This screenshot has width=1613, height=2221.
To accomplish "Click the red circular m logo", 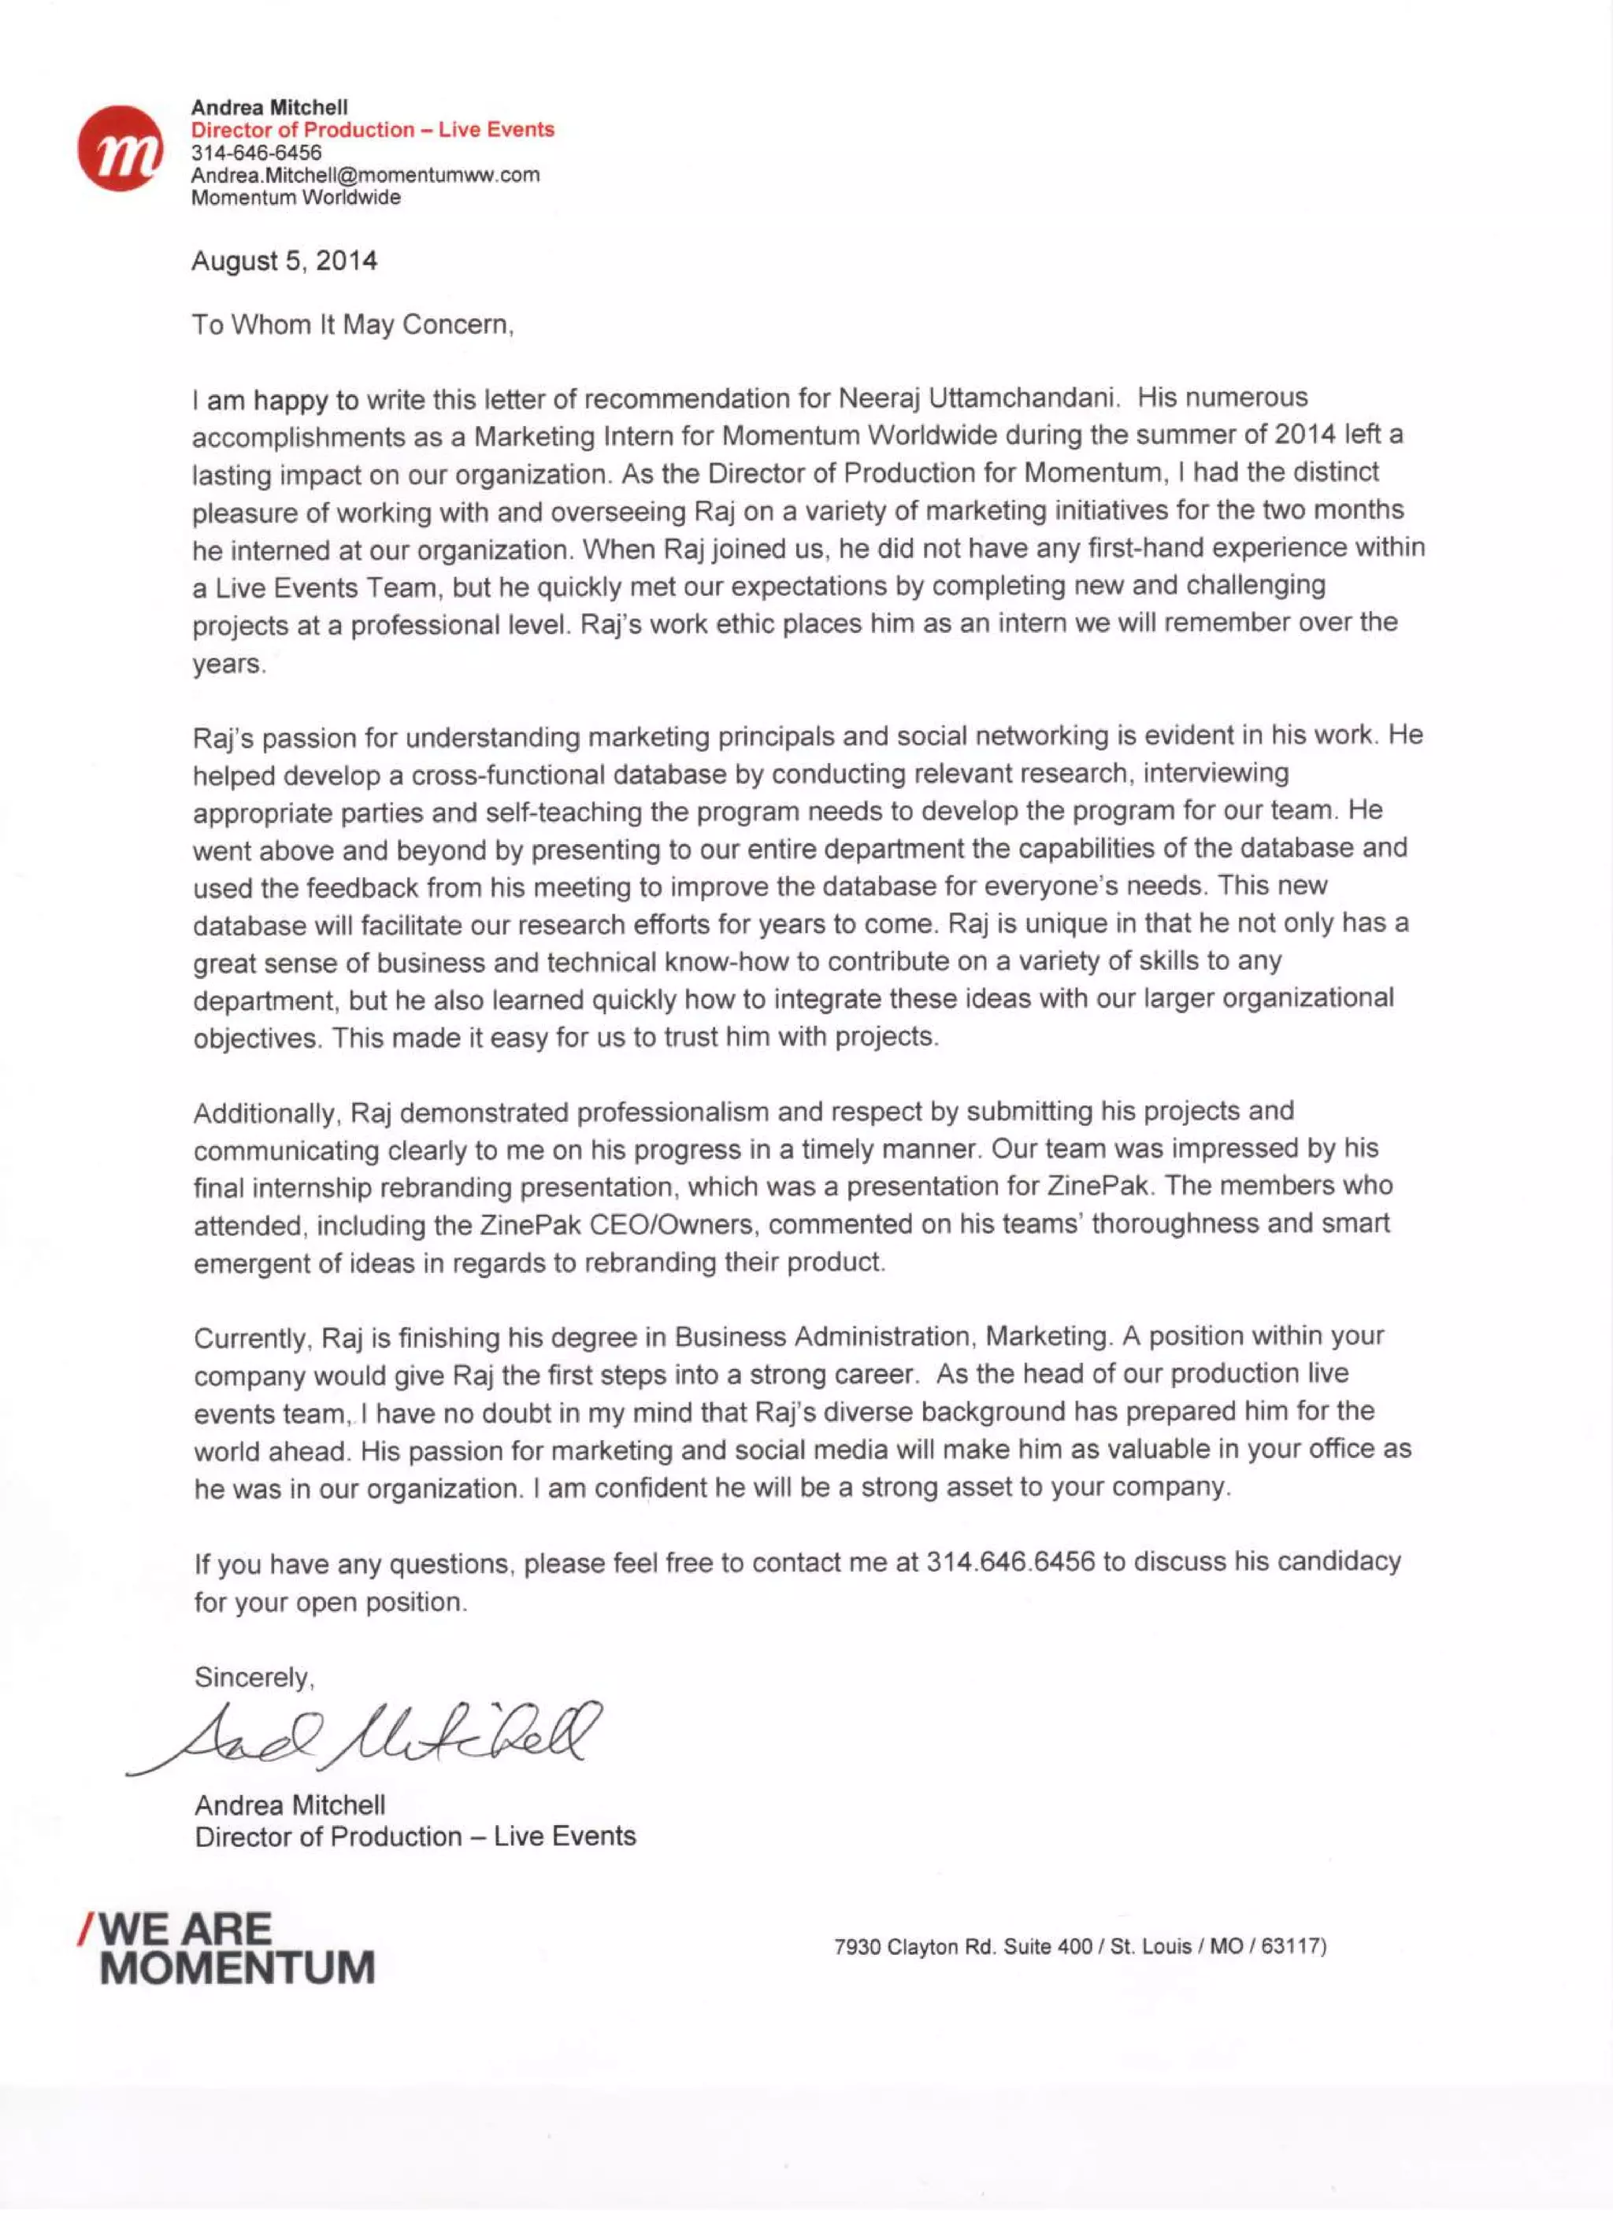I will [x=120, y=149].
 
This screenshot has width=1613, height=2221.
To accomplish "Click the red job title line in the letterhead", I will [x=373, y=129].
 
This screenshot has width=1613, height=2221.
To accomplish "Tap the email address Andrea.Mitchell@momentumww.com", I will [x=365, y=176].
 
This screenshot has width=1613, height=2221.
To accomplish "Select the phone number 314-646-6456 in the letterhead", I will [x=256, y=153].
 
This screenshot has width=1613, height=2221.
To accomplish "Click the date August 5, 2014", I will [x=284, y=261].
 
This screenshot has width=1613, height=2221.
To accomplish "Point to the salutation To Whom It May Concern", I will [x=353, y=325].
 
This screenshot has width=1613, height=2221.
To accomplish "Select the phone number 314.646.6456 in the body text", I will [x=1010, y=1562].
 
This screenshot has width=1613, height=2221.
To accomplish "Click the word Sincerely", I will [x=254, y=1678].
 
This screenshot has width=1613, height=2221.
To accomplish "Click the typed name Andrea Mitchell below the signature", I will [x=290, y=1805].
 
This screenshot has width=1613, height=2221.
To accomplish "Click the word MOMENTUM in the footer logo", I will [x=237, y=1967].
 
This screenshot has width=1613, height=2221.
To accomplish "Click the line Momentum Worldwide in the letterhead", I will [x=296, y=198].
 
